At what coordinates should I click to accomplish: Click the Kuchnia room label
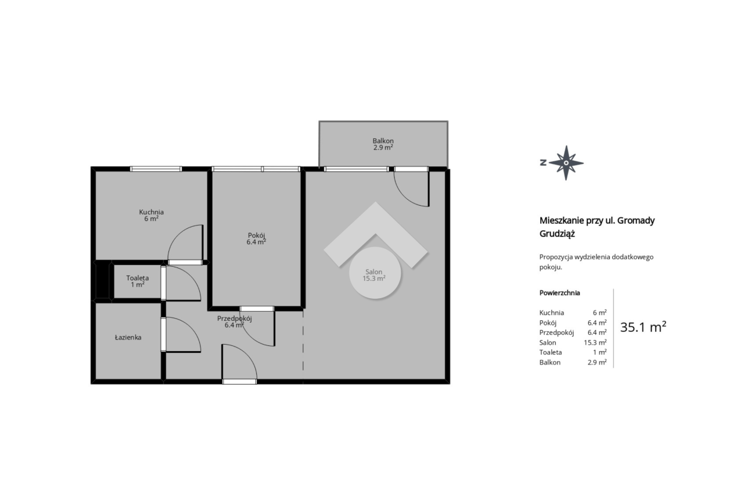(152, 212)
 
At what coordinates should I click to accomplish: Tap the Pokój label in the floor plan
(256, 235)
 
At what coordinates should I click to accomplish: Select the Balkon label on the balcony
(383, 141)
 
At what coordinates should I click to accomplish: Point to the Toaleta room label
(138, 278)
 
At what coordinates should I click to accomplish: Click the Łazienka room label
(128, 337)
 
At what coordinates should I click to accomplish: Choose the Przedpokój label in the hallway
(234, 319)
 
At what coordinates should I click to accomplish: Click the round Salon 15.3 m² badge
(375, 273)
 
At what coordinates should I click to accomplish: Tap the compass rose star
(566, 163)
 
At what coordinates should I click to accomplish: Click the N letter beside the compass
(543, 163)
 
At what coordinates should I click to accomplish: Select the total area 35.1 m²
(643, 327)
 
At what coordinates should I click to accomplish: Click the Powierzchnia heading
(559, 293)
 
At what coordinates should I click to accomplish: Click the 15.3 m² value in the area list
(595, 342)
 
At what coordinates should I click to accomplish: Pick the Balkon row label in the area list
(550, 362)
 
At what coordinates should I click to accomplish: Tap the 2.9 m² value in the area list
(597, 362)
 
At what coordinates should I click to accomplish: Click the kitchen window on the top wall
(156, 169)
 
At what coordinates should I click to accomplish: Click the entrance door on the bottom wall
(239, 381)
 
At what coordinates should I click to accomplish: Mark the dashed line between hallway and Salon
(303, 346)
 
